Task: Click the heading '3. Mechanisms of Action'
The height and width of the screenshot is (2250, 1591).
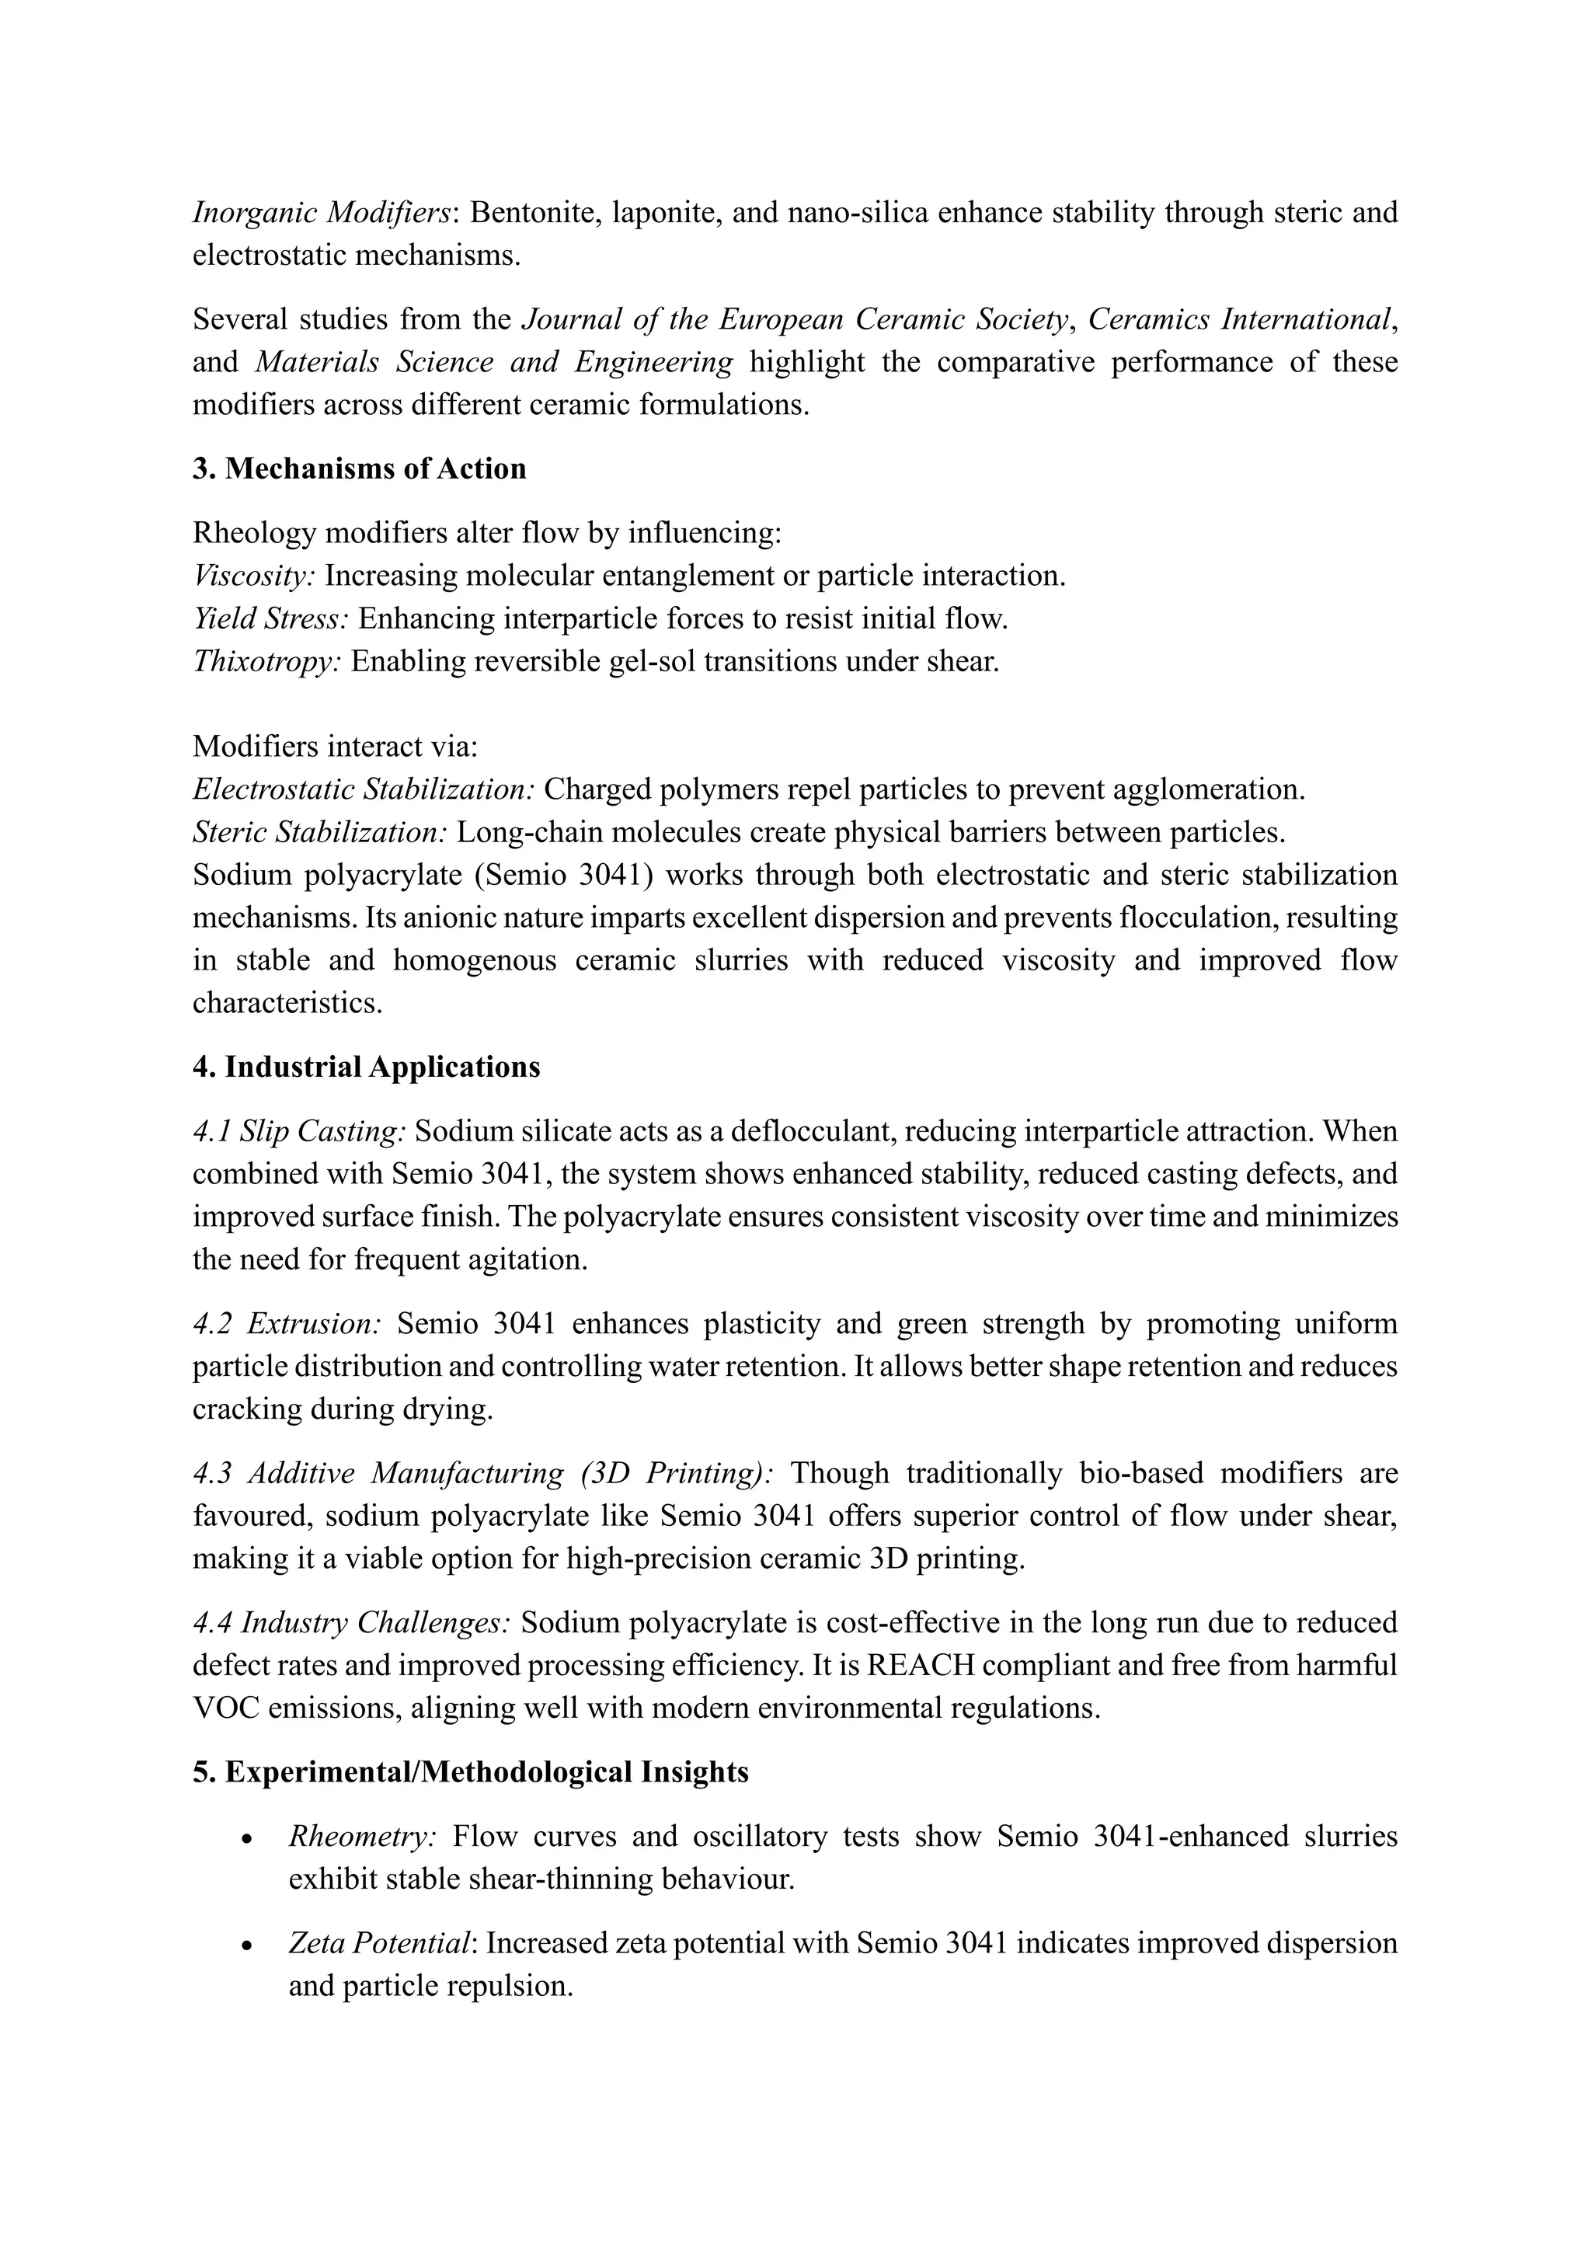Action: click(x=359, y=469)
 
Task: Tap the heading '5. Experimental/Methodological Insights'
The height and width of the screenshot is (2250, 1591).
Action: click(x=470, y=1771)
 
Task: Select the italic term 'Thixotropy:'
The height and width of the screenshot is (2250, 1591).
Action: click(x=266, y=661)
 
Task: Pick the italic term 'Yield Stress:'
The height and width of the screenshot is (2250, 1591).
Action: click(x=270, y=619)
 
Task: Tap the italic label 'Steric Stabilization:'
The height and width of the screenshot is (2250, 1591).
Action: click(x=319, y=833)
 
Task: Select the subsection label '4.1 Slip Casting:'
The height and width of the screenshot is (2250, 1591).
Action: click(x=299, y=1132)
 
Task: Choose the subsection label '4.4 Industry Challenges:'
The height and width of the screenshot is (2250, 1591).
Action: click(x=350, y=1623)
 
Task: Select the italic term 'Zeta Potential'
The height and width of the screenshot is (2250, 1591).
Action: click(x=379, y=1943)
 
